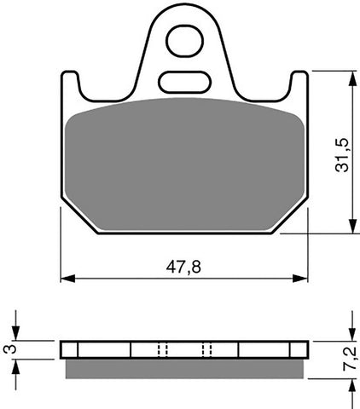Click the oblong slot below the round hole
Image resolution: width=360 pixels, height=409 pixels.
click(x=183, y=82)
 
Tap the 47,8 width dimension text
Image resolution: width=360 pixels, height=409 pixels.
click(x=184, y=267)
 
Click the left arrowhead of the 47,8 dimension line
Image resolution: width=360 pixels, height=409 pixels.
click(x=67, y=278)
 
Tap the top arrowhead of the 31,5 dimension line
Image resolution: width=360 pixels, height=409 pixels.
click(x=351, y=76)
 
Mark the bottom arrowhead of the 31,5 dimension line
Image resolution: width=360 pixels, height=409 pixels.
click(x=351, y=228)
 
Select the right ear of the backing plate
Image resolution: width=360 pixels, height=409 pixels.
click(x=299, y=86)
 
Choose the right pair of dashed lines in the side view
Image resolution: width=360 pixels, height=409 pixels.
click(x=206, y=349)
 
